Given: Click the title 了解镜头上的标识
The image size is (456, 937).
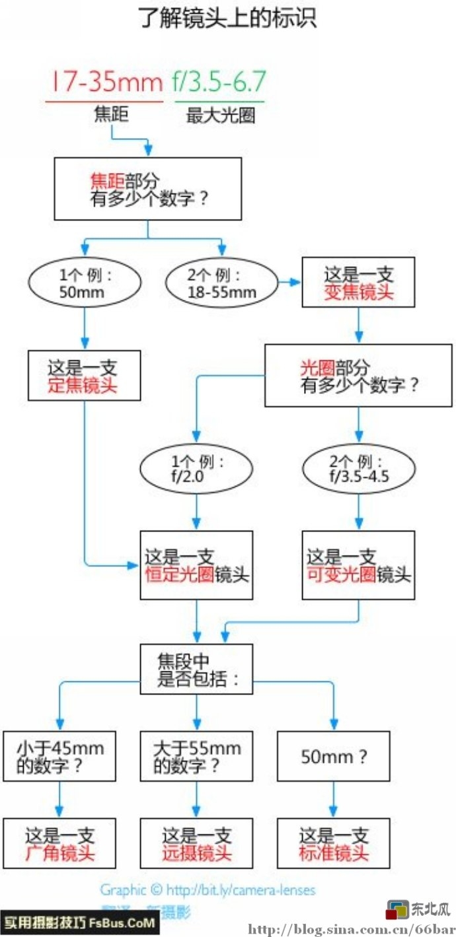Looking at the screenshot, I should click(228, 18).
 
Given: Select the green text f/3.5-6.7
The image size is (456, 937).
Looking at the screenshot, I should click(219, 82).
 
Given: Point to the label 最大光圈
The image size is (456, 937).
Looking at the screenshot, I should click(220, 116).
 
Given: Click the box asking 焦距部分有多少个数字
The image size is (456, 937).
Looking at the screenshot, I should click(147, 191).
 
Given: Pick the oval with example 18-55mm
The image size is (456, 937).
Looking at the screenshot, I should click(222, 283).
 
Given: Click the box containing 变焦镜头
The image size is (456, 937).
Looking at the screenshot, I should click(358, 283).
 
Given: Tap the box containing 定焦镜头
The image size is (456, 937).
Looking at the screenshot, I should click(84, 375).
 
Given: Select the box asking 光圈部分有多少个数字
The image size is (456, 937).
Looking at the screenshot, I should click(358, 375).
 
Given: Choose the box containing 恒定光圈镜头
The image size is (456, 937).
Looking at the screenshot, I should click(196, 565).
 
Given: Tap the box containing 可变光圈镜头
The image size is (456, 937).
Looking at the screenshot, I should click(358, 565).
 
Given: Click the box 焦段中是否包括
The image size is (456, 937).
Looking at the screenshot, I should click(196, 668).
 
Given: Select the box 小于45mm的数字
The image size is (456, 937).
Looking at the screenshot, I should click(59, 755).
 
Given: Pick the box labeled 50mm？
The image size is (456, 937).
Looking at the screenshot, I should click(332, 755).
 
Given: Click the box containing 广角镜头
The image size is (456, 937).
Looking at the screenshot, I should click(59, 843).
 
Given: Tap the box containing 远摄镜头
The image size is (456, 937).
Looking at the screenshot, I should click(196, 843).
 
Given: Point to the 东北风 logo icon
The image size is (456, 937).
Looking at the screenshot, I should click(399, 910).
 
